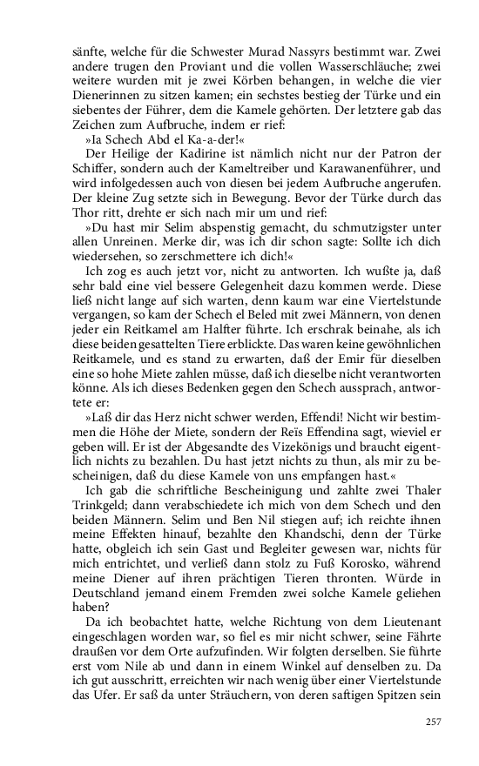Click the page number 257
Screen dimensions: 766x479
(x=432, y=721)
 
